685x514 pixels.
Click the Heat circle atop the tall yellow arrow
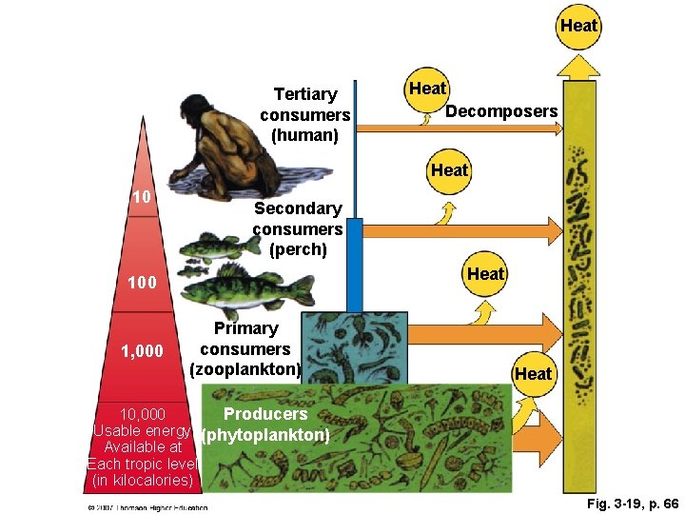click(578, 25)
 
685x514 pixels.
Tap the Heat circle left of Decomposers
click(427, 89)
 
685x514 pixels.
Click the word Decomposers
click(501, 111)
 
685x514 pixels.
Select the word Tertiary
click(305, 94)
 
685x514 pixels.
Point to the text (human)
click(304, 135)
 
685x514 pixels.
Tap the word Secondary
click(298, 208)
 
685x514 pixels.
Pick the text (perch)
click(298, 250)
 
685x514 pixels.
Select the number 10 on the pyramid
click(142, 197)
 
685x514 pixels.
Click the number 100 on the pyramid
click(143, 283)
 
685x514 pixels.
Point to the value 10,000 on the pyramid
click(142, 414)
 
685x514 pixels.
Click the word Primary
click(245, 328)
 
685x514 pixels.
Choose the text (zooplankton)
click(245, 369)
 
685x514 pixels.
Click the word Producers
click(265, 414)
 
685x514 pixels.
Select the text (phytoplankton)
click(265, 435)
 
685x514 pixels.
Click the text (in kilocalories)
click(143, 481)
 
